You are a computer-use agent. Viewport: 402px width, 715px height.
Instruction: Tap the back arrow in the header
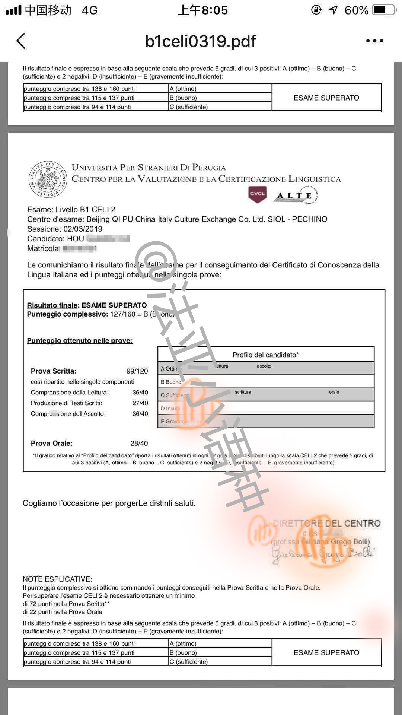21,41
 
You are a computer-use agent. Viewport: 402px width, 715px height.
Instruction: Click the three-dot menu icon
374,41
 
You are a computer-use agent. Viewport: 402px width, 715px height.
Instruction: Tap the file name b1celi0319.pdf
201,41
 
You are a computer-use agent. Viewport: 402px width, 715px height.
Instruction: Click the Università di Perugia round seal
48,179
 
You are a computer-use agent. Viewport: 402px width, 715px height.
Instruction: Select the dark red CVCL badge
258,194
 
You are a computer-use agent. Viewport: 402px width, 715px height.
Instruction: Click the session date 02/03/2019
83,229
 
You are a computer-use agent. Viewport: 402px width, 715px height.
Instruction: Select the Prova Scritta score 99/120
137,371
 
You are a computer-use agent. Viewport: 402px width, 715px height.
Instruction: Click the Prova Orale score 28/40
139,444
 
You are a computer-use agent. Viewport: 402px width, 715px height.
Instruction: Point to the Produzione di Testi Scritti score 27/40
140,403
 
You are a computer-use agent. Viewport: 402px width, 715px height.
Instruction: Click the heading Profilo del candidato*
266,355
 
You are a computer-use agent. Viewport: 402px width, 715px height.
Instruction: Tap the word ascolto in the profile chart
264,366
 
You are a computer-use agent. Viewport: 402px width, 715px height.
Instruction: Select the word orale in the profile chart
334,392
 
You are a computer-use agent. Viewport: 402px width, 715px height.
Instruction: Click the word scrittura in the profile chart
243,392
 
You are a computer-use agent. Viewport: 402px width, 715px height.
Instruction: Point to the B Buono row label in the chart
171,382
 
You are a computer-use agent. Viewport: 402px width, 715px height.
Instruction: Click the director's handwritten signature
322,554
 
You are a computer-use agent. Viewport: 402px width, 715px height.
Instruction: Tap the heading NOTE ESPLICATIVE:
57,579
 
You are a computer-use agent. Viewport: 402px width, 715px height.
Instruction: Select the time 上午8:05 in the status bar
203,10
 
